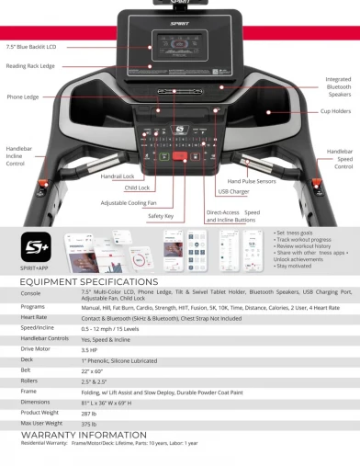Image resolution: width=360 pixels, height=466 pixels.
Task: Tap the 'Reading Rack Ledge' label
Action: point(29,65)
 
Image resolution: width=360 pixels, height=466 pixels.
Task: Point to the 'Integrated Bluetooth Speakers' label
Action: point(337,85)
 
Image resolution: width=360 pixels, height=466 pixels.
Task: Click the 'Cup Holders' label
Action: point(336,111)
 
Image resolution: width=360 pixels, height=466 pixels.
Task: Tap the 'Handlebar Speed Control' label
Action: point(339,158)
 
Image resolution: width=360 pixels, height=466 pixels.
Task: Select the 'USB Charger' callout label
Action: point(234,192)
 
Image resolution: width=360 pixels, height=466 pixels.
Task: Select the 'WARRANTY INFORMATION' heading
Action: point(71,435)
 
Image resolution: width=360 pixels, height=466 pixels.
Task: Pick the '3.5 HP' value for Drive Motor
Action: point(90,348)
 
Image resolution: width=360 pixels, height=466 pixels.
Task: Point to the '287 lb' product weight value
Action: point(89,412)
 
